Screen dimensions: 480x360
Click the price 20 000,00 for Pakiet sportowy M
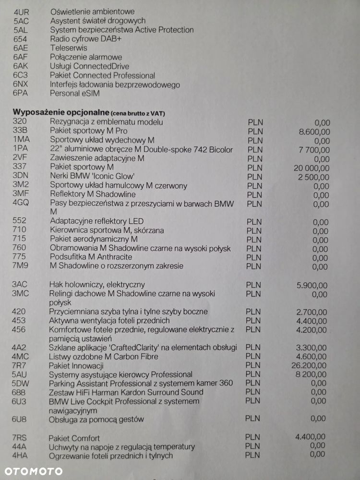point(311,168)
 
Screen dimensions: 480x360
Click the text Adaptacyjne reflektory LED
point(96,221)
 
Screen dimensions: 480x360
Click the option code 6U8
point(20,419)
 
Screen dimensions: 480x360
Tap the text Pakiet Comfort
point(74,438)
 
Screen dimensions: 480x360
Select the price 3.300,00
point(312,348)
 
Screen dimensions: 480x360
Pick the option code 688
point(20,392)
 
